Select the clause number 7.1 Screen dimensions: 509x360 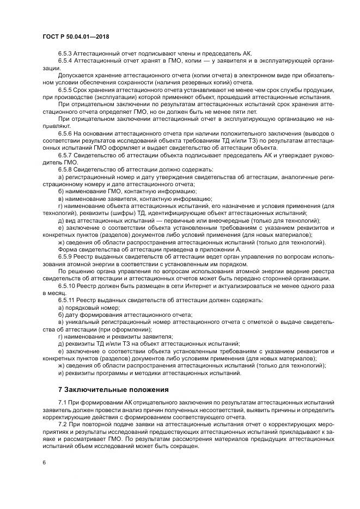click(62, 402)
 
